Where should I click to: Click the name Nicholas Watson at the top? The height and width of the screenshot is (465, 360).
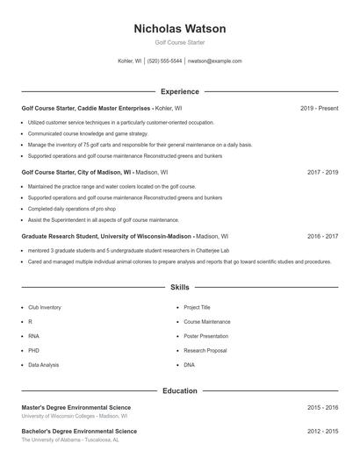click(x=179, y=29)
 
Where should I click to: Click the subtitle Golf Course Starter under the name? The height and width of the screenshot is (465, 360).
click(x=179, y=43)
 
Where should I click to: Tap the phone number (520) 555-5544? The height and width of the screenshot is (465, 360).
click(x=164, y=61)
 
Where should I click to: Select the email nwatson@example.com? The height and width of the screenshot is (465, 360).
click(x=215, y=61)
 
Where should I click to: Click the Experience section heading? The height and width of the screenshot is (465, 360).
click(x=179, y=91)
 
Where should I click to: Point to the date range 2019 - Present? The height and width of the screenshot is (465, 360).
click(x=319, y=108)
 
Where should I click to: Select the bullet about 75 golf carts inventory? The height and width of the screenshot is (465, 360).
click(x=140, y=144)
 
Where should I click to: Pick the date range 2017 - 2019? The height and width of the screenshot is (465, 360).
click(x=322, y=172)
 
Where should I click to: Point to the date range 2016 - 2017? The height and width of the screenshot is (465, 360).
click(x=322, y=236)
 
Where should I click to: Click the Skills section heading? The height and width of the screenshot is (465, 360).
click(x=179, y=287)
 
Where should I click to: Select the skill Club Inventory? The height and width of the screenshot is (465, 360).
click(x=45, y=308)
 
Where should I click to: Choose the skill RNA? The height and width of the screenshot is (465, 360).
click(x=33, y=336)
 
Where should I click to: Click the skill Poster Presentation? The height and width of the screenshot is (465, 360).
click(x=205, y=336)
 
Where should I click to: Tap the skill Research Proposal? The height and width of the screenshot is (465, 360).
click(x=205, y=350)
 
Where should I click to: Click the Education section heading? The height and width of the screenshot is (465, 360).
click(x=179, y=390)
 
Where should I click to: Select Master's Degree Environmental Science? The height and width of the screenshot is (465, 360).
click(x=76, y=407)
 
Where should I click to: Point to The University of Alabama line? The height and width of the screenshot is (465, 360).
click(x=76, y=440)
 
